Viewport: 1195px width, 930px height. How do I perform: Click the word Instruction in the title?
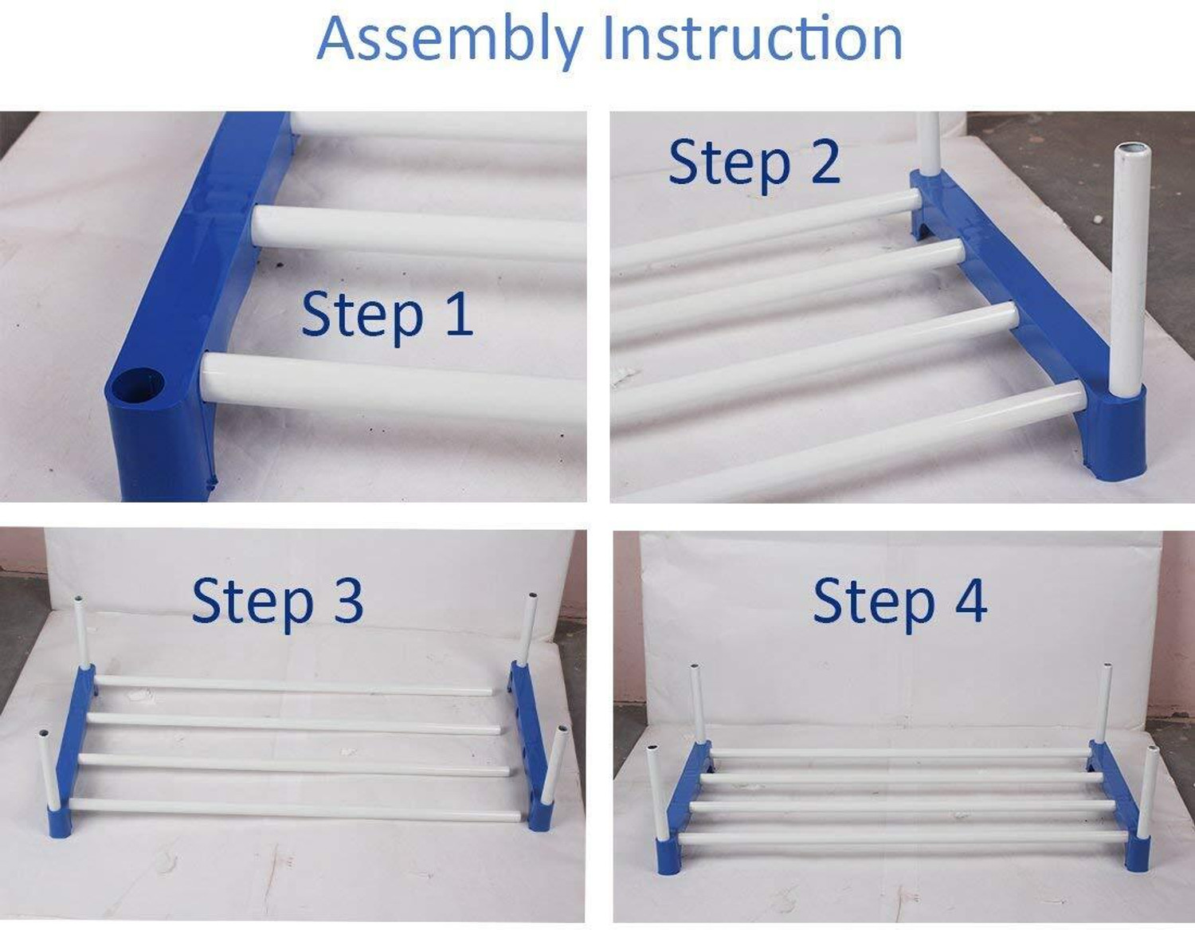pos(753,37)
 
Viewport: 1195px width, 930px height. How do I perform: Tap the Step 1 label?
pos(387,315)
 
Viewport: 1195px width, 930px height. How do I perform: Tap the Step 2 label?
pos(754,163)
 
